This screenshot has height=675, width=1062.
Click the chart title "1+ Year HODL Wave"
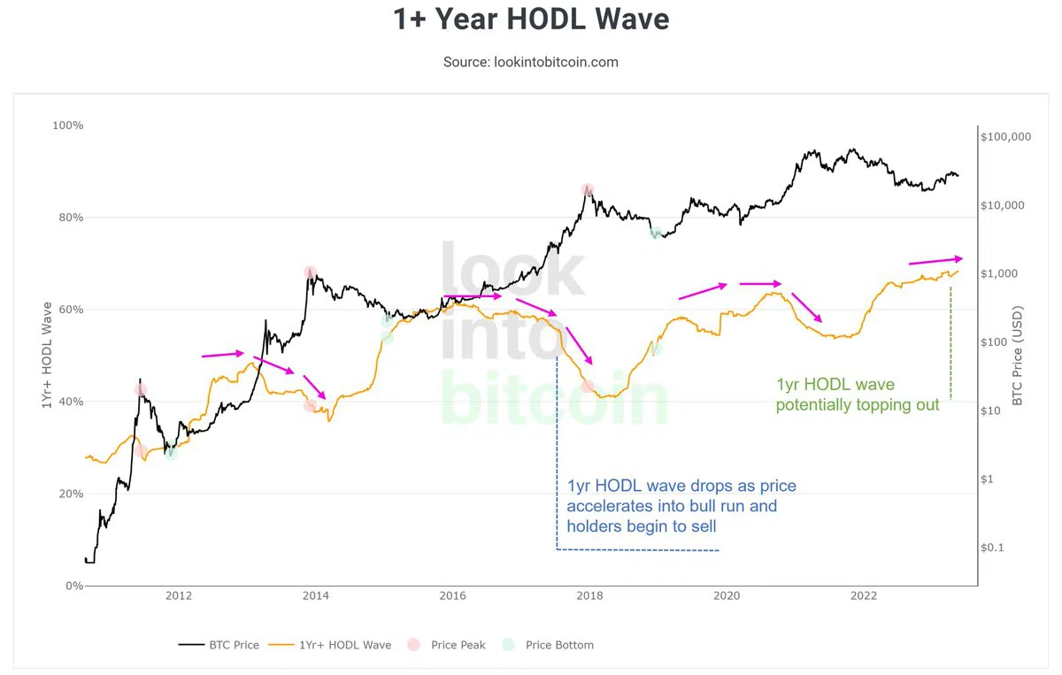pyautogui.click(x=531, y=19)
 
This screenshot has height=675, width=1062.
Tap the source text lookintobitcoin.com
pyautogui.click(x=531, y=62)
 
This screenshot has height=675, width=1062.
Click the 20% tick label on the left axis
pyautogui.click(x=70, y=494)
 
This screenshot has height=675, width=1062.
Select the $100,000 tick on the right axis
pyautogui.click(x=1006, y=137)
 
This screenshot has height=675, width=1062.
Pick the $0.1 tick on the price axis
pyautogui.click(x=993, y=548)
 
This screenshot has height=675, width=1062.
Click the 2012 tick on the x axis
pyautogui.click(x=179, y=595)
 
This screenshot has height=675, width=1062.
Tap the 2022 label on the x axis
pyautogui.click(x=863, y=595)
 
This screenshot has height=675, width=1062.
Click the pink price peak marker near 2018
pyautogui.click(x=587, y=189)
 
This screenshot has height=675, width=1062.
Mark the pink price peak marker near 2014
pyautogui.click(x=310, y=272)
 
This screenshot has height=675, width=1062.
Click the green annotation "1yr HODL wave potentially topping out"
pyautogui.click(x=858, y=395)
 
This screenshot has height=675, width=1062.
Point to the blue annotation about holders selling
pyautogui.click(x=672, y=507)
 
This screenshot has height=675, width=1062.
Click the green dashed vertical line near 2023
pyautogui.click(x=950, y=345)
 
